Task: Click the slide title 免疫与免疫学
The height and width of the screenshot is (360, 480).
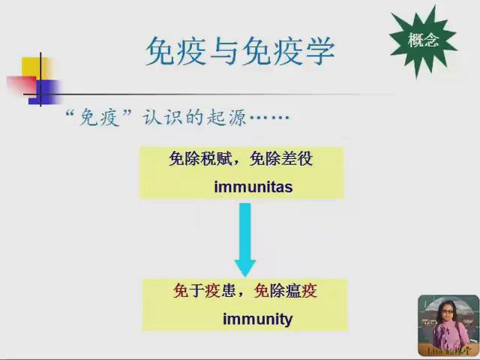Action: click(x=239, y=51)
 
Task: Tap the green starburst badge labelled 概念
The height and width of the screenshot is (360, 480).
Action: click(x=424, y=41)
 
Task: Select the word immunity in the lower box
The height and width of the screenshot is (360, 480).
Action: click(x=257, y=319)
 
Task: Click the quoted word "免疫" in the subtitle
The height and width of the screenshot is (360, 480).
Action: click(x=94, y=119)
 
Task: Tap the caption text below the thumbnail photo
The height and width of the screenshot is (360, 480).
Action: click(x=448, y=350)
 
